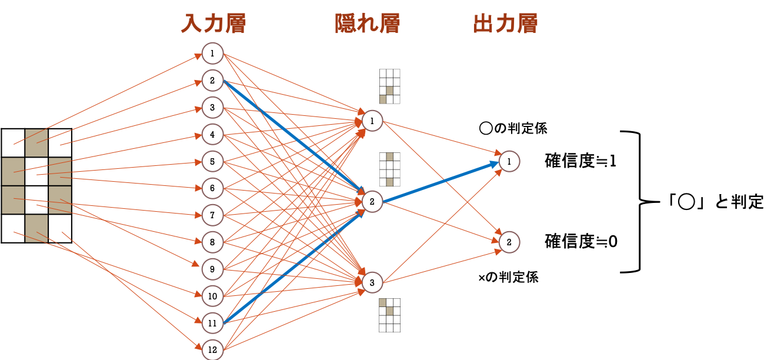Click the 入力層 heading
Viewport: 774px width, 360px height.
coord(213,24)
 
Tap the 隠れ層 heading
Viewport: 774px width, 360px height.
coord(368,24)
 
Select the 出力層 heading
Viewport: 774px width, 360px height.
coord(505,24)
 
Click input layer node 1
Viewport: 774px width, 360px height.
coord(212,54)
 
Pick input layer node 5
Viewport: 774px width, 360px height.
coord(212,161)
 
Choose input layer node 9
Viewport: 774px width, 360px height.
coord(212,269)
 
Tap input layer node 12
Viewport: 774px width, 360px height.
coord(212,349)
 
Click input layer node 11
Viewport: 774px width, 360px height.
coord(212,323)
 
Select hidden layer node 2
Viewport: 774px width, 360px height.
coord(372,201)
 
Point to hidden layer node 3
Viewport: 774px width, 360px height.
coord(372,282)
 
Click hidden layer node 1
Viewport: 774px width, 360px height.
coord(372,121)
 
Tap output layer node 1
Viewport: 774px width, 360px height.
coord(509,161)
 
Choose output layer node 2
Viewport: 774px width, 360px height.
coord(509,242)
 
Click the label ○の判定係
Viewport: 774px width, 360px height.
coord(513,128)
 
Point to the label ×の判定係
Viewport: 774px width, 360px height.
coord(508,277)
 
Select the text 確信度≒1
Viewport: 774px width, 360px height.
coord(580,161)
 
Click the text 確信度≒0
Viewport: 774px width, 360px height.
coord(581,241)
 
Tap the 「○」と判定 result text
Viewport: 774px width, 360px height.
coord(715,201)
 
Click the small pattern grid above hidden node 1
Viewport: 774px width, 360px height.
coord(390,86)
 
